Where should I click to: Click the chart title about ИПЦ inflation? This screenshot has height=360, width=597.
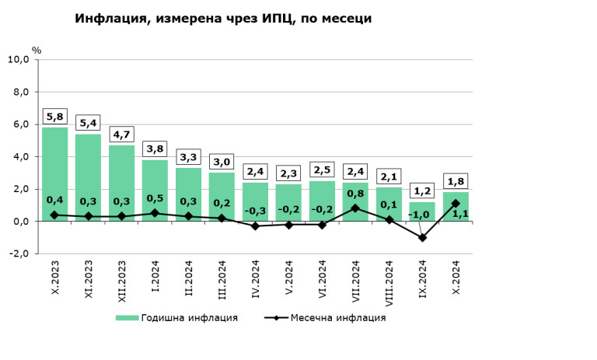pos(223,18)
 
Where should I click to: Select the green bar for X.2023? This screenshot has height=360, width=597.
pos(54,174)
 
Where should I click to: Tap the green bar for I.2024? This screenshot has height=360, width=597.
pos(155,190)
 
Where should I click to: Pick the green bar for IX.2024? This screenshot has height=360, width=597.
pos(422,211)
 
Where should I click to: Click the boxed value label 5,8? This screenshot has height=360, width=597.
pos(54,117)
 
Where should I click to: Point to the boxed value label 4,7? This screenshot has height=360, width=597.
pos(121,135)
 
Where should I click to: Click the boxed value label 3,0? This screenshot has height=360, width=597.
pos(222,163)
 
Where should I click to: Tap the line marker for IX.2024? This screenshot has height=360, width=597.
pos(422,238)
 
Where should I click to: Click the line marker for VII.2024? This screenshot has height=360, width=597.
pos(355,208)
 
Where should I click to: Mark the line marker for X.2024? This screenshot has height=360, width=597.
pos(456,204)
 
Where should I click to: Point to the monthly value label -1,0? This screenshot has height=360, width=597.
pos(421,215)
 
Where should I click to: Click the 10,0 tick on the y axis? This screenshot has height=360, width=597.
pos(19,59)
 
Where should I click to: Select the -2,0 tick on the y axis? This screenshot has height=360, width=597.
pos(19,254)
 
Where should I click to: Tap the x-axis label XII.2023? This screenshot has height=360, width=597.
pos(122,284)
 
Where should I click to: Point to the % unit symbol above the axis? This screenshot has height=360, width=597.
pos(36,50)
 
